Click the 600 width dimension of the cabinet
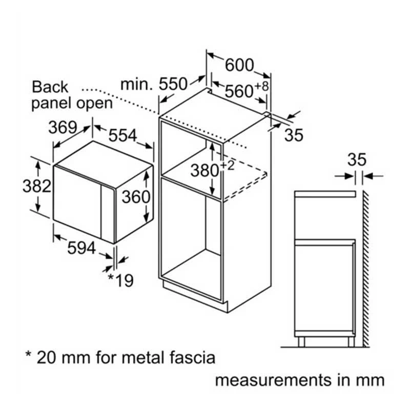click(239, 65)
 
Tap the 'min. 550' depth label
click(154, 84)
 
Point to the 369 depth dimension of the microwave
click(63, 127)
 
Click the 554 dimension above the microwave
click(122, 135)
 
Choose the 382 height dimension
click(37, 186)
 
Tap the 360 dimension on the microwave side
click(136, 197)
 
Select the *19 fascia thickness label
click(121, 280)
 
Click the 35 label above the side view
click(357, 159)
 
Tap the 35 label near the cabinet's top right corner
click(294, 135)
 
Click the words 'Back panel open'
click(72, 95)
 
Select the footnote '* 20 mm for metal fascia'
click(120, 357)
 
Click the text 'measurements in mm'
click(300, 380)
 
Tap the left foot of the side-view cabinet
click(301, 342)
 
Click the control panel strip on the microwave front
click(108, 214)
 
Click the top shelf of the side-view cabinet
click(325, 194)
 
